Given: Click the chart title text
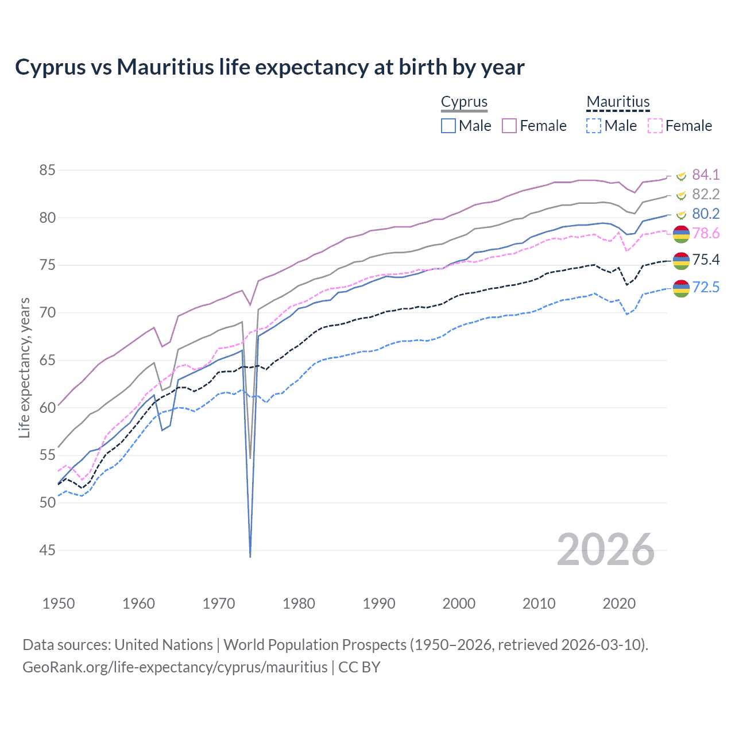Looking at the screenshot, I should point(269,67).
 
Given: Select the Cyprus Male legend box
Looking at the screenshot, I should point(448,126).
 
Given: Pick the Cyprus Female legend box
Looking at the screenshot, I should point(509,126).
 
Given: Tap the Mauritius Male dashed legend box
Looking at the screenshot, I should point(594,126).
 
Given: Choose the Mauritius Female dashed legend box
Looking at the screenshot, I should point(655,126).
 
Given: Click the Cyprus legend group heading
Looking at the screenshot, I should point(464,102).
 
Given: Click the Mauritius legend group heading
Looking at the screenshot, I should point(618,102).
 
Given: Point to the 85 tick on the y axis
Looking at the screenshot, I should point(48,171).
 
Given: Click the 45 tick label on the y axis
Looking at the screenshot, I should point(48,551).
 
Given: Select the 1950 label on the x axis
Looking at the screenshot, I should point(59,604).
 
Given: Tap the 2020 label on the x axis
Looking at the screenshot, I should point(619,604).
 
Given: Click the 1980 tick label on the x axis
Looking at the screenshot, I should point(299,604).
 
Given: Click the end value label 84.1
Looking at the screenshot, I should point(706,175).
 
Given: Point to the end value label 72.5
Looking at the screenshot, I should point(706,287).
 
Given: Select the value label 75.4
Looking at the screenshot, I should point(706,260).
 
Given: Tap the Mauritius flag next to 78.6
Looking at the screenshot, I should point(681,234).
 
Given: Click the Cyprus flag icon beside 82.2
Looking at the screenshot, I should point(681,195).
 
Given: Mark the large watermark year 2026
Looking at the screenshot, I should point(605,550).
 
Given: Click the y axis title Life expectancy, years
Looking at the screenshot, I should point(24,367).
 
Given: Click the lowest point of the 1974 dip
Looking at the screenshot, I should point(250,556).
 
